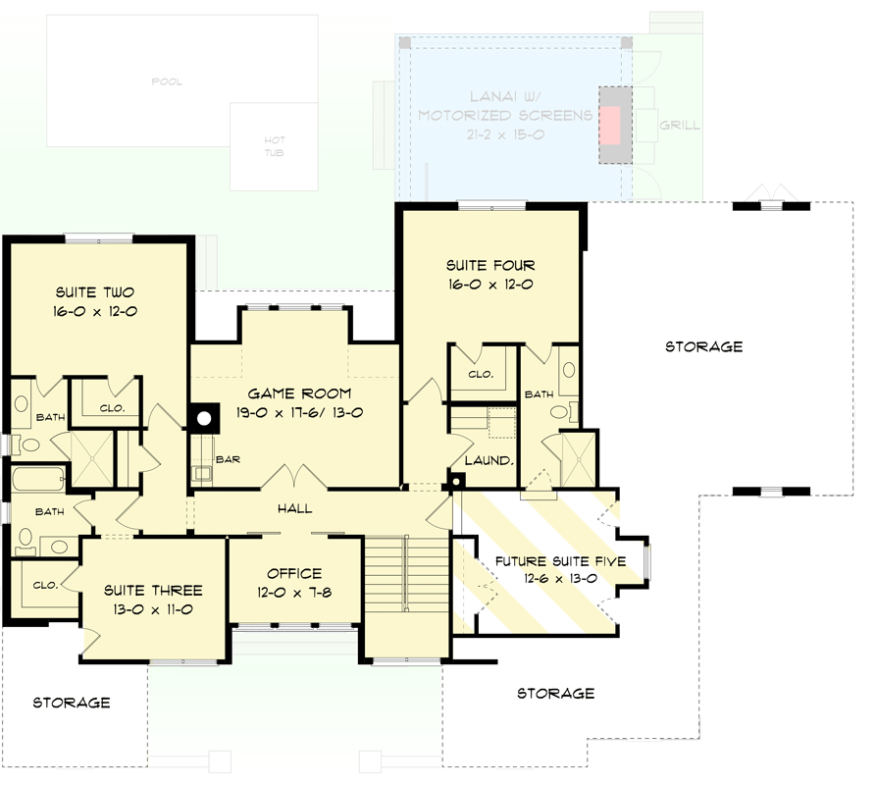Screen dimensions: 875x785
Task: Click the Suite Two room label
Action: tap(95, 292)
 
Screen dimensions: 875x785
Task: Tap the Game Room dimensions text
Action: tap(299, 413)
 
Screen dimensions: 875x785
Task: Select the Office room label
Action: tap(294, 573)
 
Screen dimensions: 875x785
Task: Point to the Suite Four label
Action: tap(490, 265)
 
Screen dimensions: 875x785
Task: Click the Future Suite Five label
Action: tap(560, 561)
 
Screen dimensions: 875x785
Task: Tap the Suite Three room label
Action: tap(153, 590)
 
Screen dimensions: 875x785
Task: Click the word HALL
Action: tap(294, 508)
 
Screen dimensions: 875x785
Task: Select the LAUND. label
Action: tap(489, 460)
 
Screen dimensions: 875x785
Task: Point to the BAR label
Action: tap(228, 459)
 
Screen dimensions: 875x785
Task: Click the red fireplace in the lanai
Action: tap(610, 126)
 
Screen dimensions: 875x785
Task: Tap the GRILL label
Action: tap(680, 125)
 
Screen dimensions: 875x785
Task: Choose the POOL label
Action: tap(167, 81)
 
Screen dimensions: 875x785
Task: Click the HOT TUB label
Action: tap(275, 146)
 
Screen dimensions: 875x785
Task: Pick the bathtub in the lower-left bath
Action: tap(38, 479)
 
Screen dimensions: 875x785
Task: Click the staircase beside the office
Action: tap(407, 574)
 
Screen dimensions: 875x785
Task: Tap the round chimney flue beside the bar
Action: tap(204, 418)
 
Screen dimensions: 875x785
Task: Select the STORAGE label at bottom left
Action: tap(72, 703)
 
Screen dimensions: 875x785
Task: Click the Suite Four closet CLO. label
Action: tap(481, 374)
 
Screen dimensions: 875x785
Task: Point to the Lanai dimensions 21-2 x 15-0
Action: tap(505, 134)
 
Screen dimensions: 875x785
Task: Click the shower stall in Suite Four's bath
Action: tap(579, 459)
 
